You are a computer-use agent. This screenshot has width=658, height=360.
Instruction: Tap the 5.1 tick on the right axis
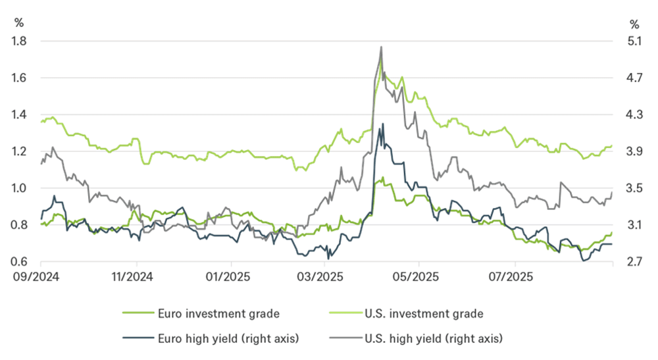point(635,41)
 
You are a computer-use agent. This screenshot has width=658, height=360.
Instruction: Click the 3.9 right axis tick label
point(635,151)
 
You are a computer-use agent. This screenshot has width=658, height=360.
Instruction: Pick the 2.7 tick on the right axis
point(635,262)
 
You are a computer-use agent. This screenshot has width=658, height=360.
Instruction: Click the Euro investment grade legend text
point(213,313)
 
